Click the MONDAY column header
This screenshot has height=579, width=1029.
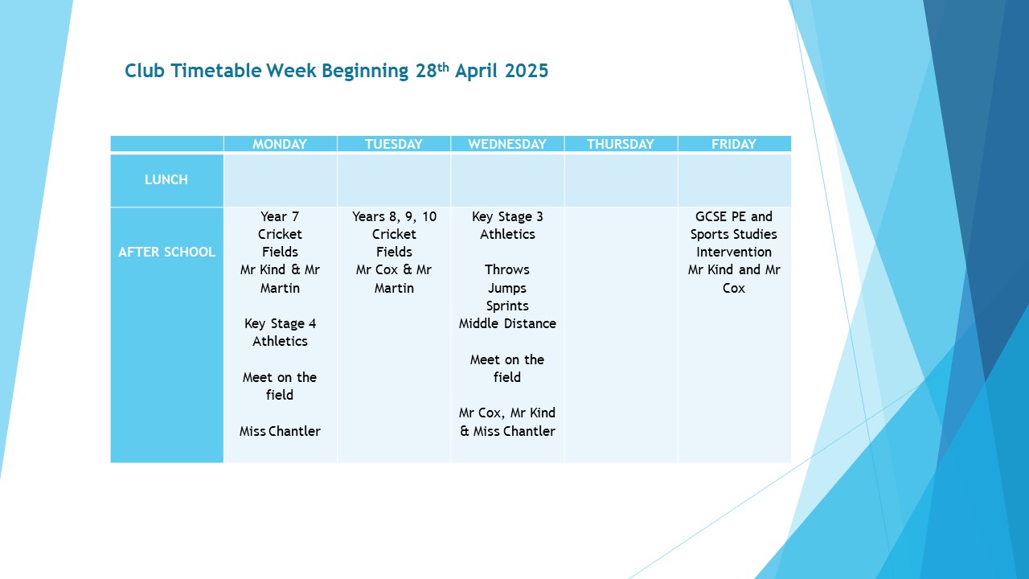279,144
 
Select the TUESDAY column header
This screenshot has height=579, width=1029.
394,144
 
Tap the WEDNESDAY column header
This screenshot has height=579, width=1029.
507,144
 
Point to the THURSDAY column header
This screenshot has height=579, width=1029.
620,144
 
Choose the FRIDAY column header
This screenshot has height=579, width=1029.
734,144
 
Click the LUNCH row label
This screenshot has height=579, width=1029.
166,179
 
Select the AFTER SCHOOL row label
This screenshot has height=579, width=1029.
166,252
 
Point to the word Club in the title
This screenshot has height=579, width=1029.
145,71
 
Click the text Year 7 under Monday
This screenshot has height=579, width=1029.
280,216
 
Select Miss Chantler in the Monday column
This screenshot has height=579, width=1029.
280,431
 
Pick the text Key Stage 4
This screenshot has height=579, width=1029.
281,324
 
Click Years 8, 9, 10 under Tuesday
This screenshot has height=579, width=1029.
394,217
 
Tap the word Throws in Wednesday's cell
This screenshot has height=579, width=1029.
507,269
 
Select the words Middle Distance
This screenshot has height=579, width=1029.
507,323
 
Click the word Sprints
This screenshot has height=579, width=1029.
507,306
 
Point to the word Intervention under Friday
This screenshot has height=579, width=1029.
734,252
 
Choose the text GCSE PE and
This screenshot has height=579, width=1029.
734,216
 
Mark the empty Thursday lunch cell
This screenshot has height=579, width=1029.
621,180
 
